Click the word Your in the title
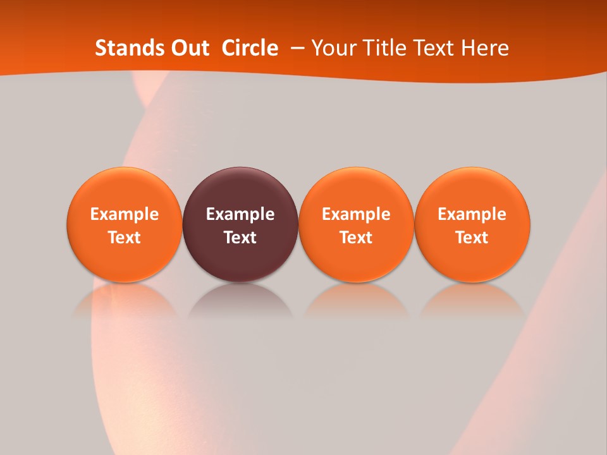(x=333, y=48)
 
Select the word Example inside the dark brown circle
(x=240, y=214)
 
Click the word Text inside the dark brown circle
(x=240, y=238)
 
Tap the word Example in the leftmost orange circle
(x=125, y=214)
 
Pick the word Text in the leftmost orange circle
(x=125, y=238)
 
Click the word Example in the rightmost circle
(x=472, y=214)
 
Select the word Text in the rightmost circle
(x=472, y=238)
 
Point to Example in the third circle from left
(x=356, y=214)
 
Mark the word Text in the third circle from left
(x=356, y=238)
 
